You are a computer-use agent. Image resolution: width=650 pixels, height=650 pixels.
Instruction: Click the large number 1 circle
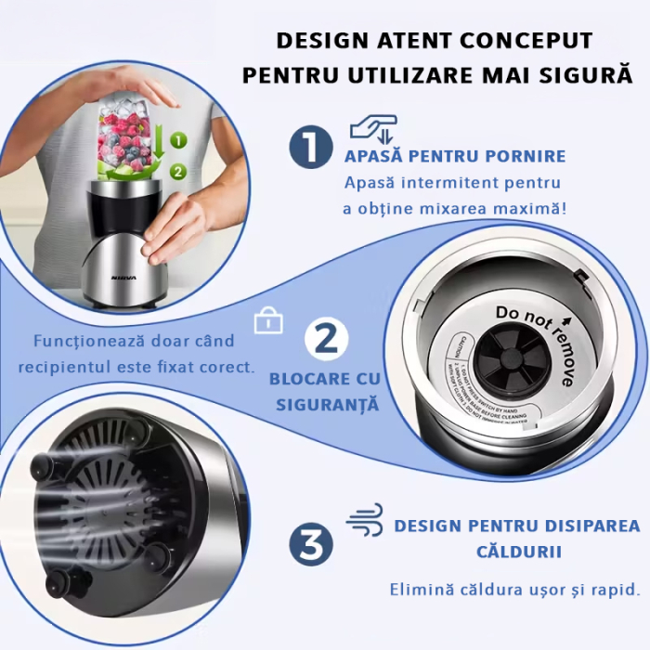pos(310,149)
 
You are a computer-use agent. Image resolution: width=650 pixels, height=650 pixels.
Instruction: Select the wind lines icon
pos(364,520)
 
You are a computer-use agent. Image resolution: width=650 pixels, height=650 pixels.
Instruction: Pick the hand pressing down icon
pos(372,129)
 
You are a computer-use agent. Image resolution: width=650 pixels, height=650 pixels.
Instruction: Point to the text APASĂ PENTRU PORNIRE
pos(455,156)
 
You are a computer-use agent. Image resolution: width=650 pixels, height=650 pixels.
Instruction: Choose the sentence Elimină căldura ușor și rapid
pos(513,590)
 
